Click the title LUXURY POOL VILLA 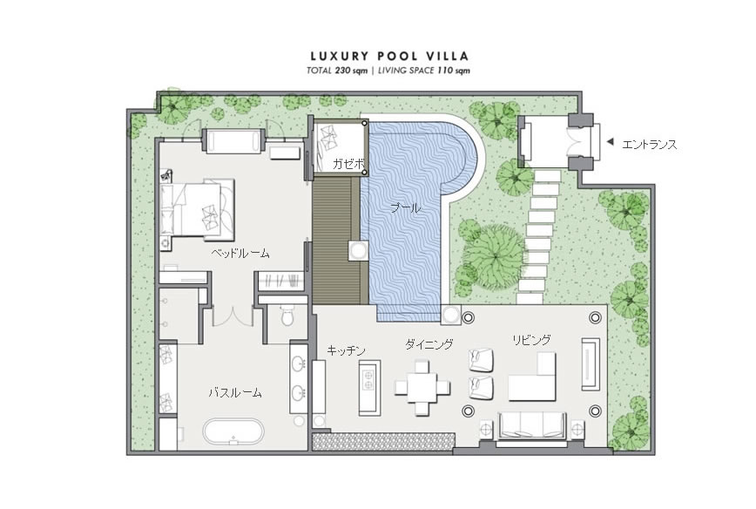click(x=389, y=57)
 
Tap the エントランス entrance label click(x=650, y=145)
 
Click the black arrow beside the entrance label click(x=610, y=142)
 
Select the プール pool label click(x=406, y=208)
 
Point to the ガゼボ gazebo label click(x=348, y=164)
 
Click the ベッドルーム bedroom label click(x=240, y=254)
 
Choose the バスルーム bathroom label click(x=235, y=393)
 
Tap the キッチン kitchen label click(x=346, y=350)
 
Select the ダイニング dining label click(x=429, y=344)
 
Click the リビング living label click(x=531, y=340)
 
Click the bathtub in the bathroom click(x=233, y=431)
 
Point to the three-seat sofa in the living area click(x=532, y=426)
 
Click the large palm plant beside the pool click(x=493, y=257)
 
